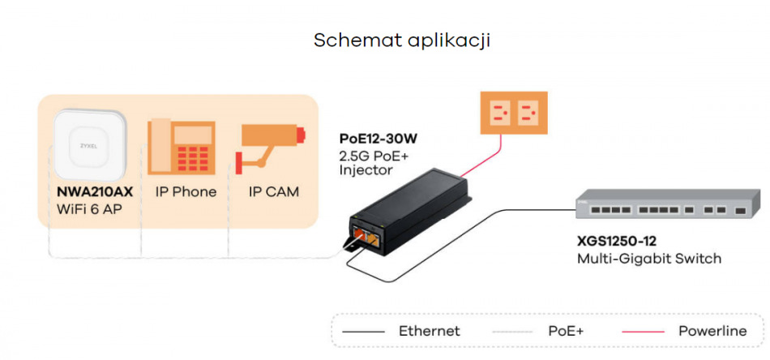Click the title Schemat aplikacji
pos(402,41)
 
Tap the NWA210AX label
pos(88,192)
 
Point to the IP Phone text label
pos(186,192)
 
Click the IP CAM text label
pos(273,192)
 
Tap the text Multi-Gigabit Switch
pos(648,259)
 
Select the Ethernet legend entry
pos(429,331)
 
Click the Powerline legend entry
pos(712,331)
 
